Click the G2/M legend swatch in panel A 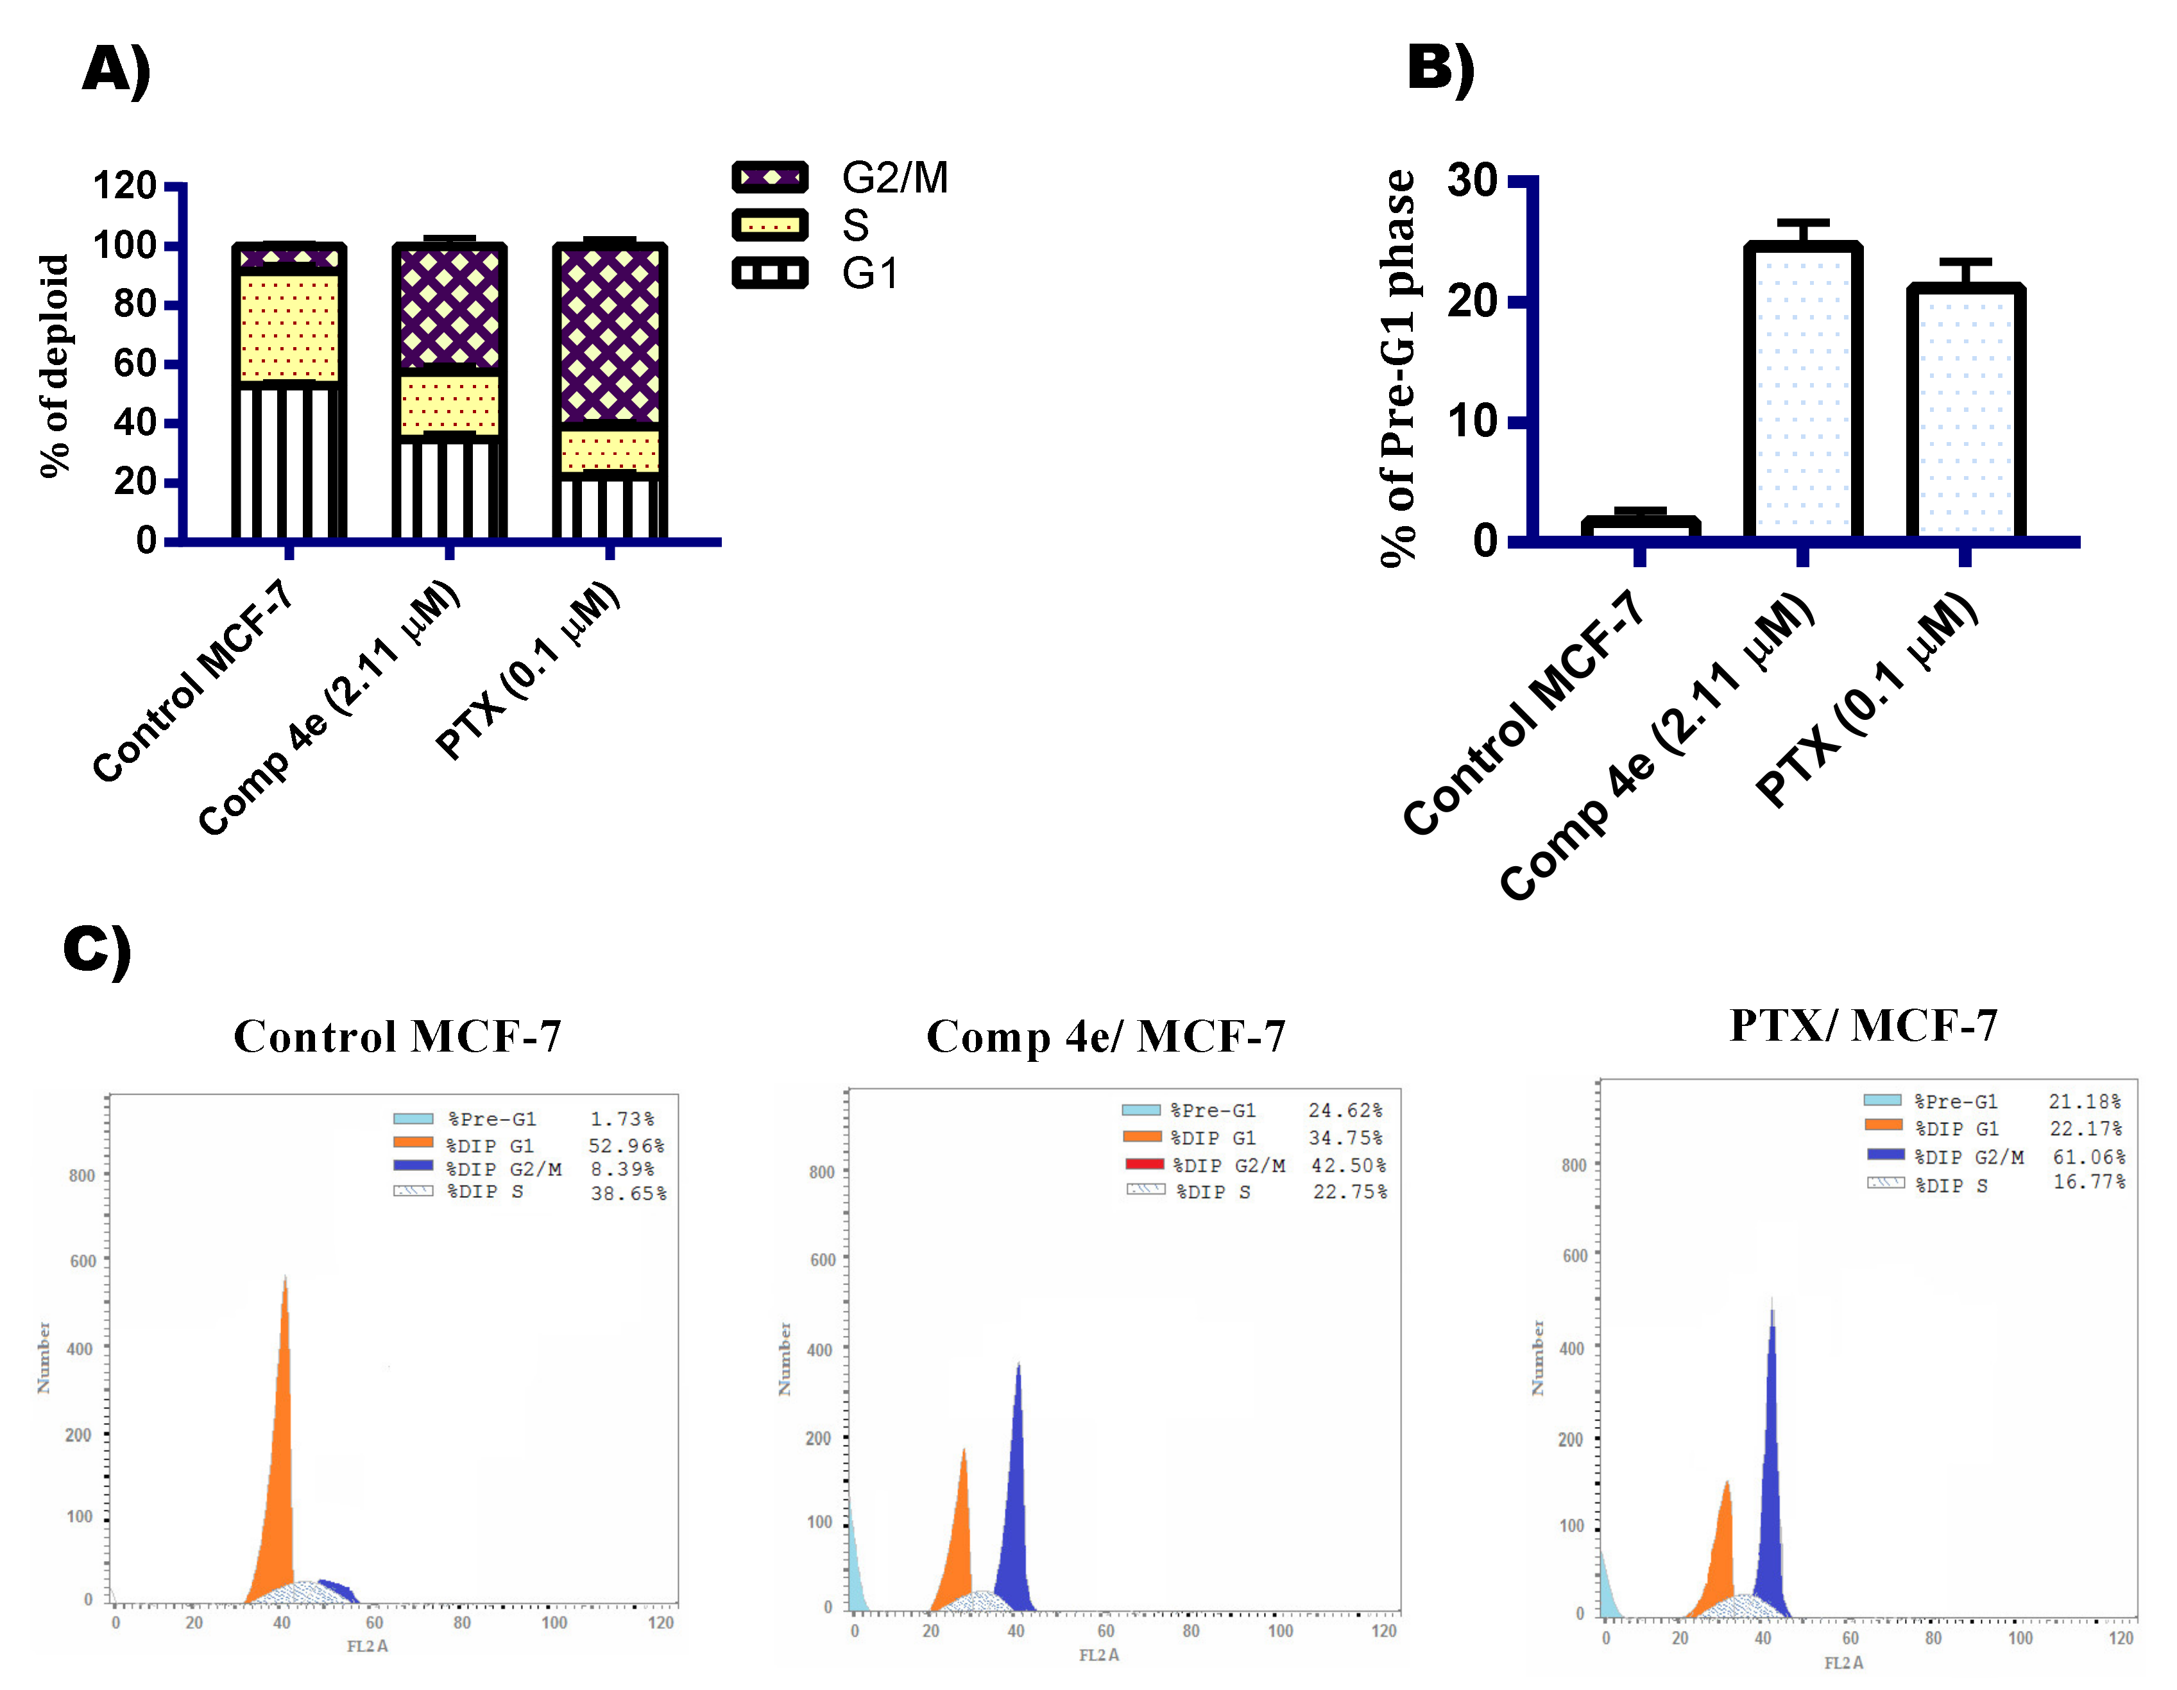tap(769, 178)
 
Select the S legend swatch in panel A tap(769, 225)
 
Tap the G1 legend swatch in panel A tap(769, 273)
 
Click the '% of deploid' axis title tap(54, 365)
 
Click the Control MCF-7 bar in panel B tap(1640, 527)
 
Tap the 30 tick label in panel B tap(1473, 182)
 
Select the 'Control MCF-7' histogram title tap(398, 1037)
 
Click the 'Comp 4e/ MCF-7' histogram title tap(1106, 1037)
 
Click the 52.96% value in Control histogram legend tap(626, 1146)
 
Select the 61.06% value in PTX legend tap(2088, 1157)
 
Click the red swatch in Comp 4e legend tap(1145, 1163)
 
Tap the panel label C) tap(97, 948)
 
